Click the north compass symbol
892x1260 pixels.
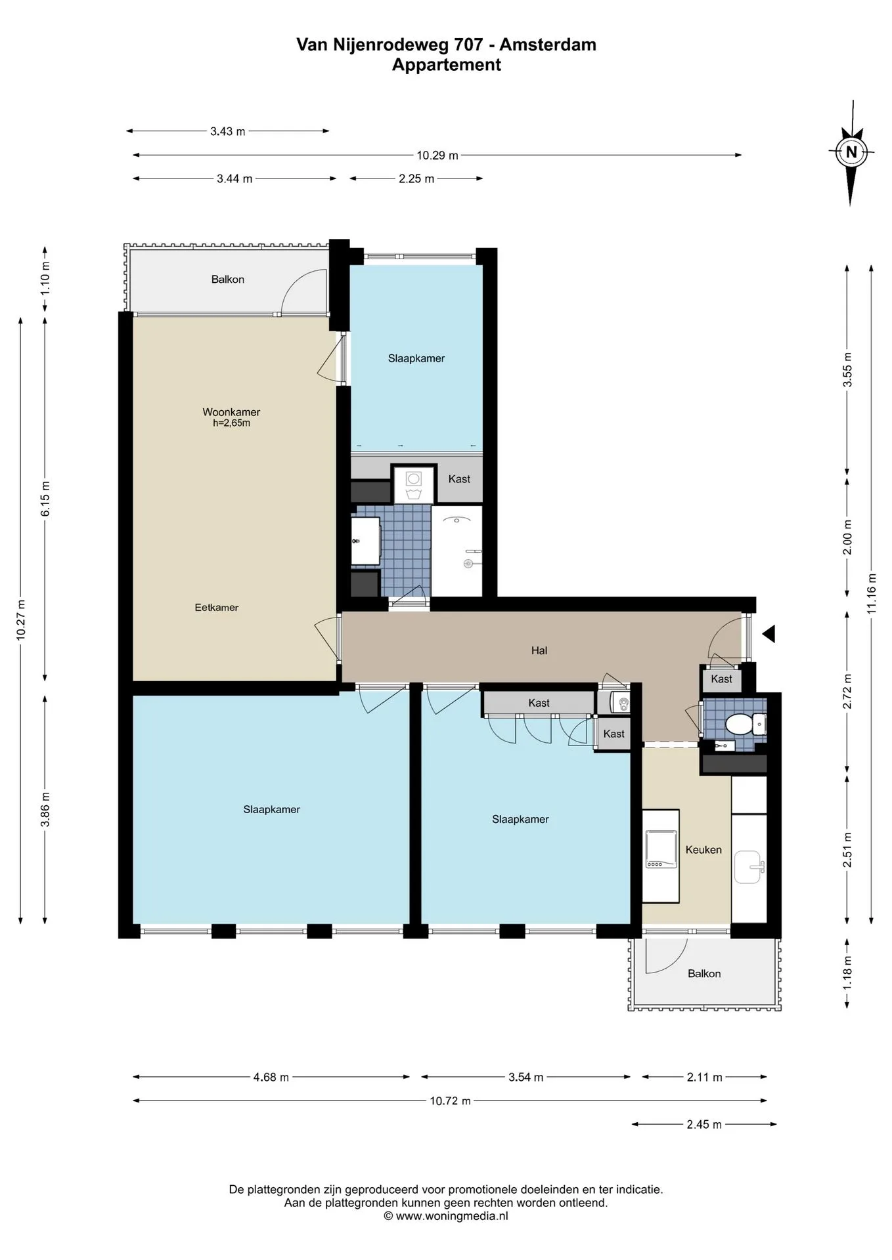(x=851, y=153)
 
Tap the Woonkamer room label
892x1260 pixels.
(x=231, y=412)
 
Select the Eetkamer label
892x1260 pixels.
(x=217, y=608)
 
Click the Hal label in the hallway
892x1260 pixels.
(x=539, y=650)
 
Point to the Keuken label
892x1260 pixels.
(x=703, y=850)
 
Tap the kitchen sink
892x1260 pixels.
(x=749, y=868)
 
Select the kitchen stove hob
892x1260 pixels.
(x=661, y=850)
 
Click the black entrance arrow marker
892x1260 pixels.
(x=768, y=634)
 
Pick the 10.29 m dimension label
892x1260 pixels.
(x=437, y=156)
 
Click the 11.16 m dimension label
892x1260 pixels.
(x=872, y=593)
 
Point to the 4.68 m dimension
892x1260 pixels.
(x=271, y=1077)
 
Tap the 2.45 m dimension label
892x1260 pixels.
(x=704, y=1124)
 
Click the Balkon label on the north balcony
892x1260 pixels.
(x=228, y=280)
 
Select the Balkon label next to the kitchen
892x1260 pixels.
(x=704, y=974)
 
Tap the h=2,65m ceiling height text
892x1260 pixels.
(x=231, y=423)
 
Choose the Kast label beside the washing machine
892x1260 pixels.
(x=459, y=479)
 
